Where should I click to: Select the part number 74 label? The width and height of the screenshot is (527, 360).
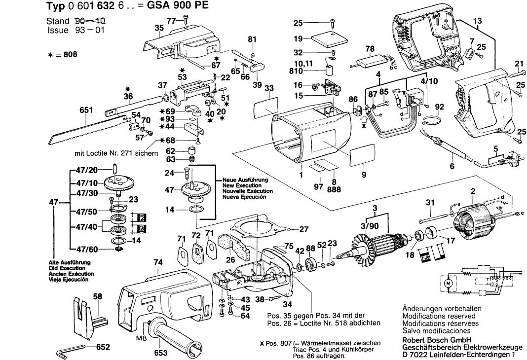[x=157, y=264]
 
